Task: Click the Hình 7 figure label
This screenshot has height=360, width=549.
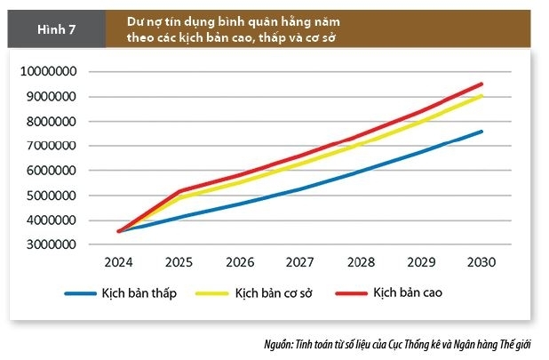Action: [x=55, y=28]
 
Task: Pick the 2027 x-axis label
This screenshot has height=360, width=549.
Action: [x=299, y=263]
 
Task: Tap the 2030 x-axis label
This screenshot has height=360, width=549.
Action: [x=481, y=263]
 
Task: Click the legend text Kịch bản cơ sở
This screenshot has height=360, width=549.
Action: [x=273, y=292]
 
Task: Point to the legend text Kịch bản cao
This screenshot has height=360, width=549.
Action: [x=408, y=292]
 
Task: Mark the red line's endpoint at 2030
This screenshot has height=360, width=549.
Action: [x=481, y=84]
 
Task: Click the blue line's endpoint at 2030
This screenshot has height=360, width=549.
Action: [x=481, y=132]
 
